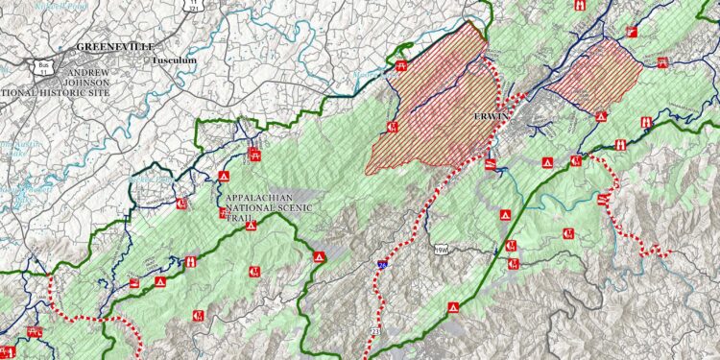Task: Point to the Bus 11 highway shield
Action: pos(41,65)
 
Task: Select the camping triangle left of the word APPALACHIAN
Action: pos(223,177)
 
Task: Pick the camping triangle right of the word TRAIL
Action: pos(318,257)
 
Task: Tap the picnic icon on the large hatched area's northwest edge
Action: pos(401,66)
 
